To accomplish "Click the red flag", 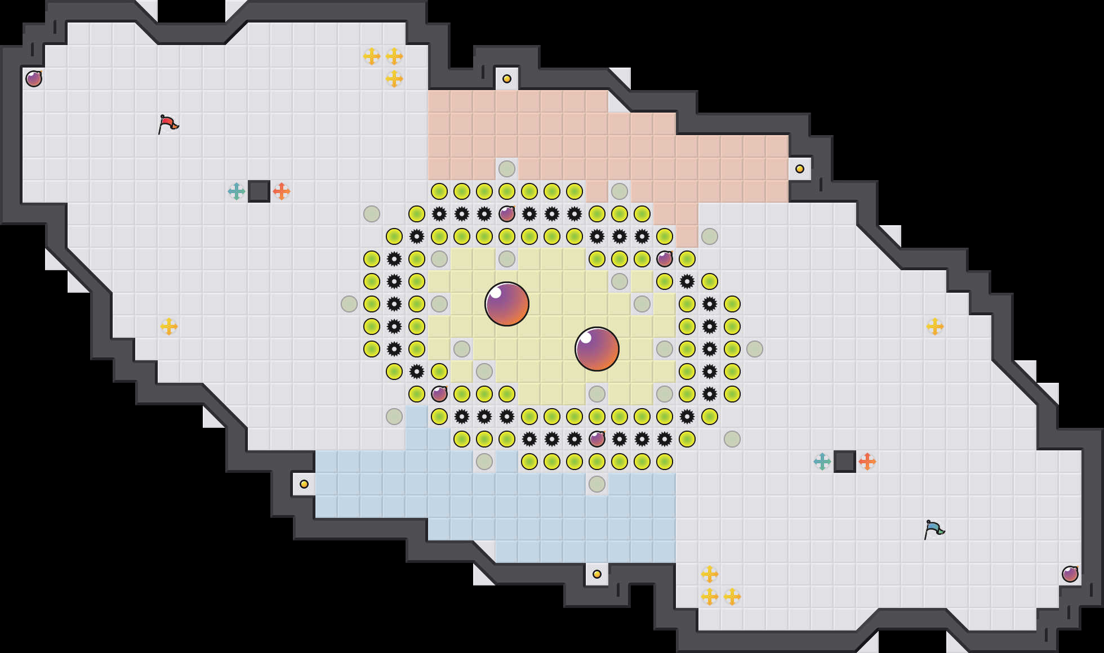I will (x=168, y=124).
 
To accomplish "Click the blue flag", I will (x=934, y=529).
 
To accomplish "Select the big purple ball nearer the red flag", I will (x=507, y=304).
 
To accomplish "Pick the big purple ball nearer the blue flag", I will (x=597, y=349).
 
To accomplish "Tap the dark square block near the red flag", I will (x=259, y=191).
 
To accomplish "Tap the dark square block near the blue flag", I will (x=845, y=462).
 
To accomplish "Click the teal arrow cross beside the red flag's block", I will (x=237, y=191).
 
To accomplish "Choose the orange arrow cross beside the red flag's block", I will (x=282, y=191).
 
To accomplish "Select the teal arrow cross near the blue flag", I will (x=822, y=462).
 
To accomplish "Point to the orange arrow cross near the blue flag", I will (x=867, y=462).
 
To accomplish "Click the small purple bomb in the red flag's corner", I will (x=34, y=79).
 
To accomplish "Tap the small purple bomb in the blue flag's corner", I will (x=1070, y=574).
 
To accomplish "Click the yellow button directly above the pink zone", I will (x=507, y=79).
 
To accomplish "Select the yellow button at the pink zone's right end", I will (x=800, y=169).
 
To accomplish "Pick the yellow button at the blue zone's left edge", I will (x=304, y=484).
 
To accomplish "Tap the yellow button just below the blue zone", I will (x=597, y=574).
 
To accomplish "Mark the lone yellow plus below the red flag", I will (x=169, y=326).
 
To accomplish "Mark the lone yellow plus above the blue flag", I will (x=935, y=326).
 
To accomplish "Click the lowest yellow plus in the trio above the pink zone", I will (x=394, y=79).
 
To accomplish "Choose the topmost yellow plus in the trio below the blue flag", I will (x=710, y=574).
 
